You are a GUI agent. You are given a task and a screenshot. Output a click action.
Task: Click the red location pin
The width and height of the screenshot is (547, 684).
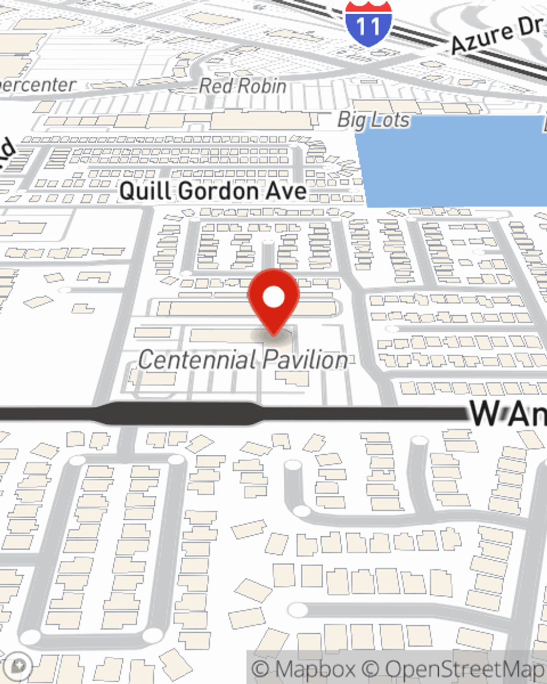click(273, 302)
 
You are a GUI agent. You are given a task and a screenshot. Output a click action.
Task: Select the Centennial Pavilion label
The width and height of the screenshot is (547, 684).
click(243, 360)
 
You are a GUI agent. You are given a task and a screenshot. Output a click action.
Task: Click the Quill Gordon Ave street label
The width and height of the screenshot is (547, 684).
click(213, 191)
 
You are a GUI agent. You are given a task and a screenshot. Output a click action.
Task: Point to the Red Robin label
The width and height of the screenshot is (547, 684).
click(242, 86)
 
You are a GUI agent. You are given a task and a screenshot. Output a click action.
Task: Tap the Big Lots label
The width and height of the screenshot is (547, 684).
click(374, 120)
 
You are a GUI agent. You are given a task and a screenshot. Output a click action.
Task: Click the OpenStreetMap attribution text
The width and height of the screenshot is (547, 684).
click(465, 669)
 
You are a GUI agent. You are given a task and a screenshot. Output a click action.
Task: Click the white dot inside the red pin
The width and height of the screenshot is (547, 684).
click(273, 297)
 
